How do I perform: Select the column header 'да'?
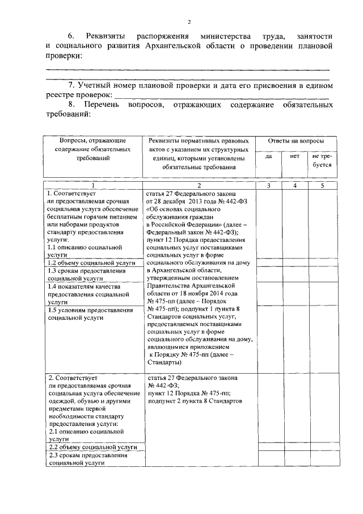point(269,156)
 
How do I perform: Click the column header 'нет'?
point(294,156)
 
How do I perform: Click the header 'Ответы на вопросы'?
point(295,140)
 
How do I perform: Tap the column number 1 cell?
point(94,186)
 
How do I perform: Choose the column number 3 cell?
point(269,186)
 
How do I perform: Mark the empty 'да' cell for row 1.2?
point(269,264)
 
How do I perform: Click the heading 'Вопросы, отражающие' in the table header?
point(93,140)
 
